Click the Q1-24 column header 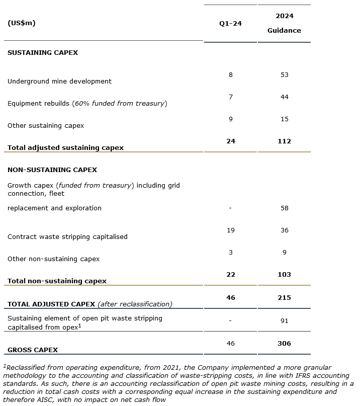(x=230, y=24)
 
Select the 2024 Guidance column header (x=284, y=23)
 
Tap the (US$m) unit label (x=22, y=23)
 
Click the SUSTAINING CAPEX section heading (x=43, y=52)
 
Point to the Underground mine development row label (x=59, y=81)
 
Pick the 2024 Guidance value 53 (x=284, y=75)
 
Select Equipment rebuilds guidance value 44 (x=284, y=97)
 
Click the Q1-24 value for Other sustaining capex (x=230, y=119)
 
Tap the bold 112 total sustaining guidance (x=284, y=141)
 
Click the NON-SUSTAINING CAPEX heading (x=52, y=170)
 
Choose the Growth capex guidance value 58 (x=284, y=208)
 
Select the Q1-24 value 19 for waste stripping (x=230, y=230)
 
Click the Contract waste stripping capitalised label (x=67, y=236)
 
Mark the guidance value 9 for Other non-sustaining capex (x=284, y=253)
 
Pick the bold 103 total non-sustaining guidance (x=284, y=275)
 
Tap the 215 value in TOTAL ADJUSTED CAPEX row (x=284, y=298)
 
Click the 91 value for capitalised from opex (x=284, y=321)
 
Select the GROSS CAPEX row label (x=33, y=350)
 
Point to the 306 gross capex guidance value (x=284, y=344)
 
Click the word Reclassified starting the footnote (x=24, y=368)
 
